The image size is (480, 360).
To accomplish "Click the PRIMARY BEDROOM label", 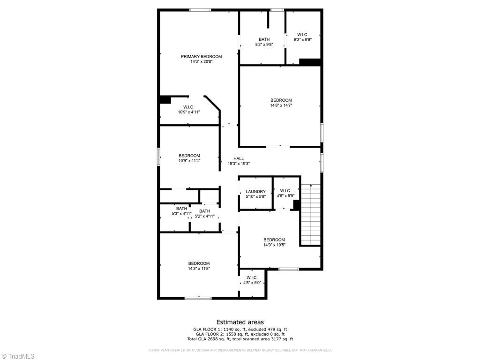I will click(201, 57).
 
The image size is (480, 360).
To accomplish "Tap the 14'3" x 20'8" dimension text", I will click(201, 62).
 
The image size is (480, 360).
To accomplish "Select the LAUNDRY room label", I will click(255, 192).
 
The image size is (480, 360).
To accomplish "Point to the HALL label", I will click(239, 158).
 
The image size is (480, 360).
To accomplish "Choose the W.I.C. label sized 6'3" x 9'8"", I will click(302, 34).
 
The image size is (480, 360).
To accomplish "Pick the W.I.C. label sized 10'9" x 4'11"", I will click(188, 107).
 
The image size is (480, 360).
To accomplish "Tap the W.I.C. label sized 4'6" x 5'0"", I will click(252, 277).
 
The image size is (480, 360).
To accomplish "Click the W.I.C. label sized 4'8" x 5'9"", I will click(286, 191).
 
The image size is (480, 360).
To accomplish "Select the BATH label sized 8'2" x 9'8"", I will click(264, 39).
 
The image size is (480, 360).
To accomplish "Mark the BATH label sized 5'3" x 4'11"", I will click(182, 209).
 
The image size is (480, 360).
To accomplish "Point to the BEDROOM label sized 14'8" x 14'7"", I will click(281, 100).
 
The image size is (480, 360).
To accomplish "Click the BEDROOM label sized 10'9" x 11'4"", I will click(189, 156).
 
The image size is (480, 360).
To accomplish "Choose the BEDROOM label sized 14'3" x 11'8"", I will click(199, 263).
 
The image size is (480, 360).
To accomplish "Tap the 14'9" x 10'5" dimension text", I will click(274, 245).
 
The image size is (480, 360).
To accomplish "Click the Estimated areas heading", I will click(240, 322).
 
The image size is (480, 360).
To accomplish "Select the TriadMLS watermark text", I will click(21, 356).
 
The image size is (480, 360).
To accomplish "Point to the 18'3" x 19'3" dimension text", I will click(239, 164).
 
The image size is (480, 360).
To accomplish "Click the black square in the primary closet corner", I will click(165, 99).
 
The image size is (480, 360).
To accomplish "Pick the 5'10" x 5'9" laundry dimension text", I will click(255, 196).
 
